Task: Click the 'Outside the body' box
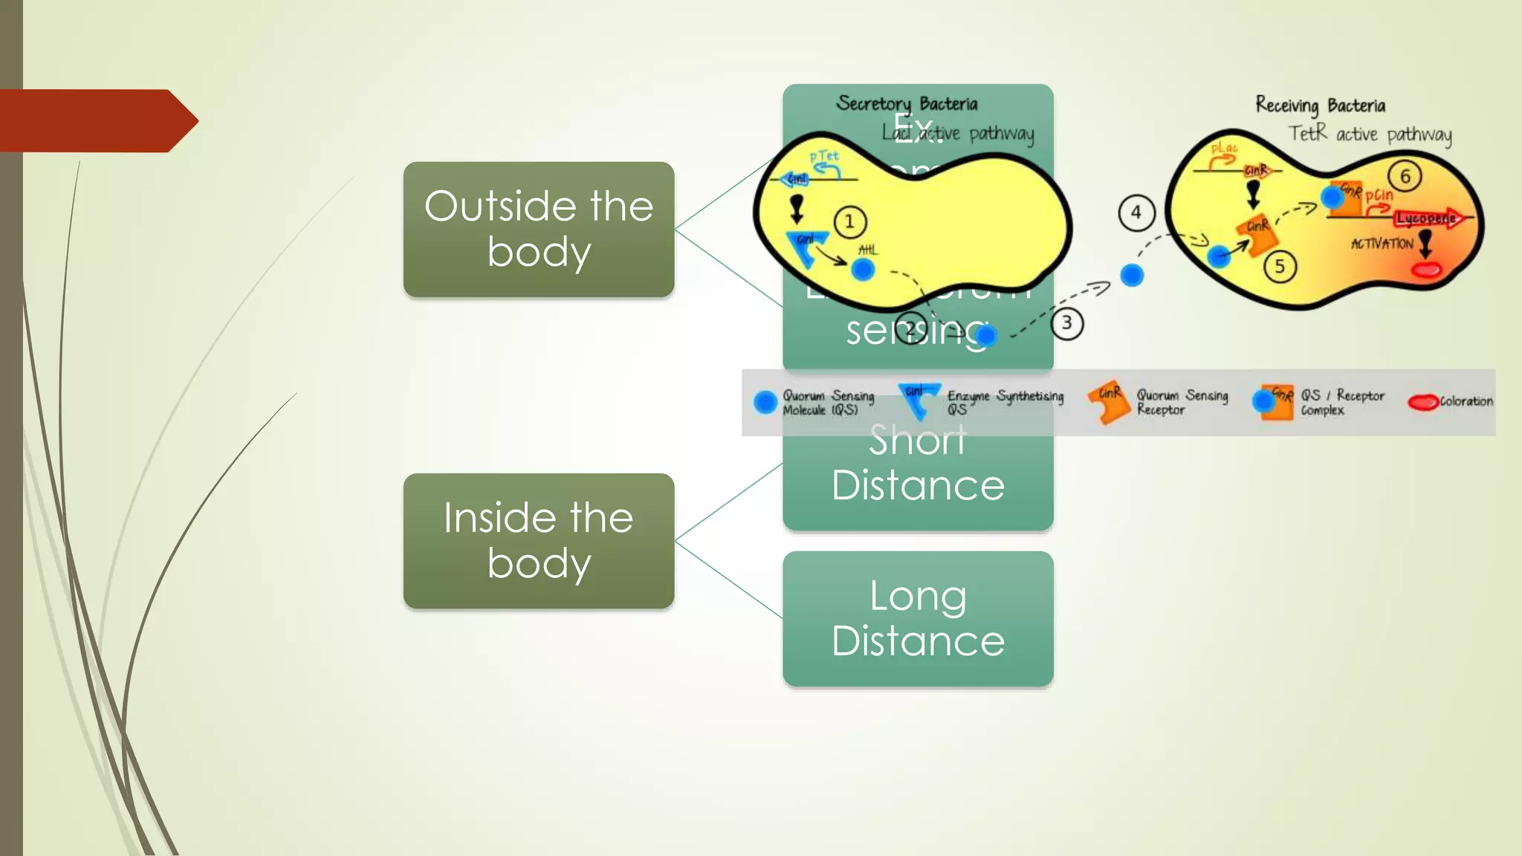pos(538,229)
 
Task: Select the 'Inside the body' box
pos(538,541)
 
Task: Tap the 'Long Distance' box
pos(918,618)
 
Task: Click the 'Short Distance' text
pos(918,464)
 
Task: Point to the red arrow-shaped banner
pos(97,120)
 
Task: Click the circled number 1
pos(849,221)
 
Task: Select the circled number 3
pos(1066,323)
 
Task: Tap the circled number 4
pos(1136,213)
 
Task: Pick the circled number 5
pos(1279,266)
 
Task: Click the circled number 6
pos(1405,176)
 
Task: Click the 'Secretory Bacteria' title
pos(907,103)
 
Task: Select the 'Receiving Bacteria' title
pos(1320,105)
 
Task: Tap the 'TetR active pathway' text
pos(1369,134)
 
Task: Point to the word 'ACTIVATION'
pos(1382,244)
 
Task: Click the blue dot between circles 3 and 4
pos(1131,275)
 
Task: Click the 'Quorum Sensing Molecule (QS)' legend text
pos(827,402)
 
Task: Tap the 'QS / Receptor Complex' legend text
pos(1341,402)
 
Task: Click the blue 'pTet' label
pos(823,156)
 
